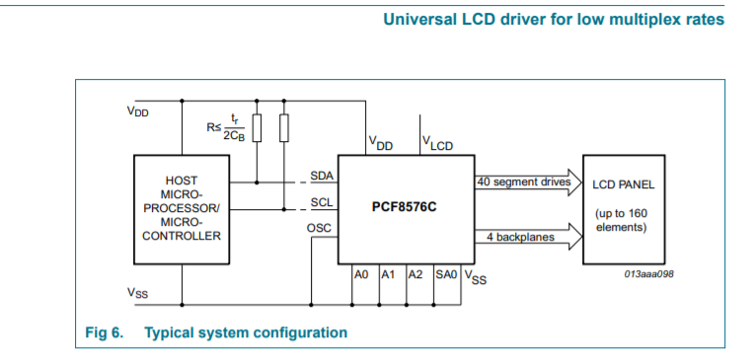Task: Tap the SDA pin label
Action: point(322,176)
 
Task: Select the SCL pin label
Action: point(322,202)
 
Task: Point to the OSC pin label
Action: point(320,228)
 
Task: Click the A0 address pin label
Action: point(361,275)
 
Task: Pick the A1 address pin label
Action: point(388,275)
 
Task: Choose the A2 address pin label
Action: point(415,275)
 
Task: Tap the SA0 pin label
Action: point(446,275)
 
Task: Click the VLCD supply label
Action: point(437,142)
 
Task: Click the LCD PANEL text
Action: point(624,184)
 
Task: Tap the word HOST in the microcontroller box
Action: point(182,180)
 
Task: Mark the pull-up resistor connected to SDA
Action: point(257,128)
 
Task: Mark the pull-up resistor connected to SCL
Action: point(284,128)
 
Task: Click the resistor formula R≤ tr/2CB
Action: point(226,128)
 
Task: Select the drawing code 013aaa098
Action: point(648,274)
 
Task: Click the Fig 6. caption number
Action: point(105,332)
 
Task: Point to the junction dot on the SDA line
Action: point(257,182)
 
